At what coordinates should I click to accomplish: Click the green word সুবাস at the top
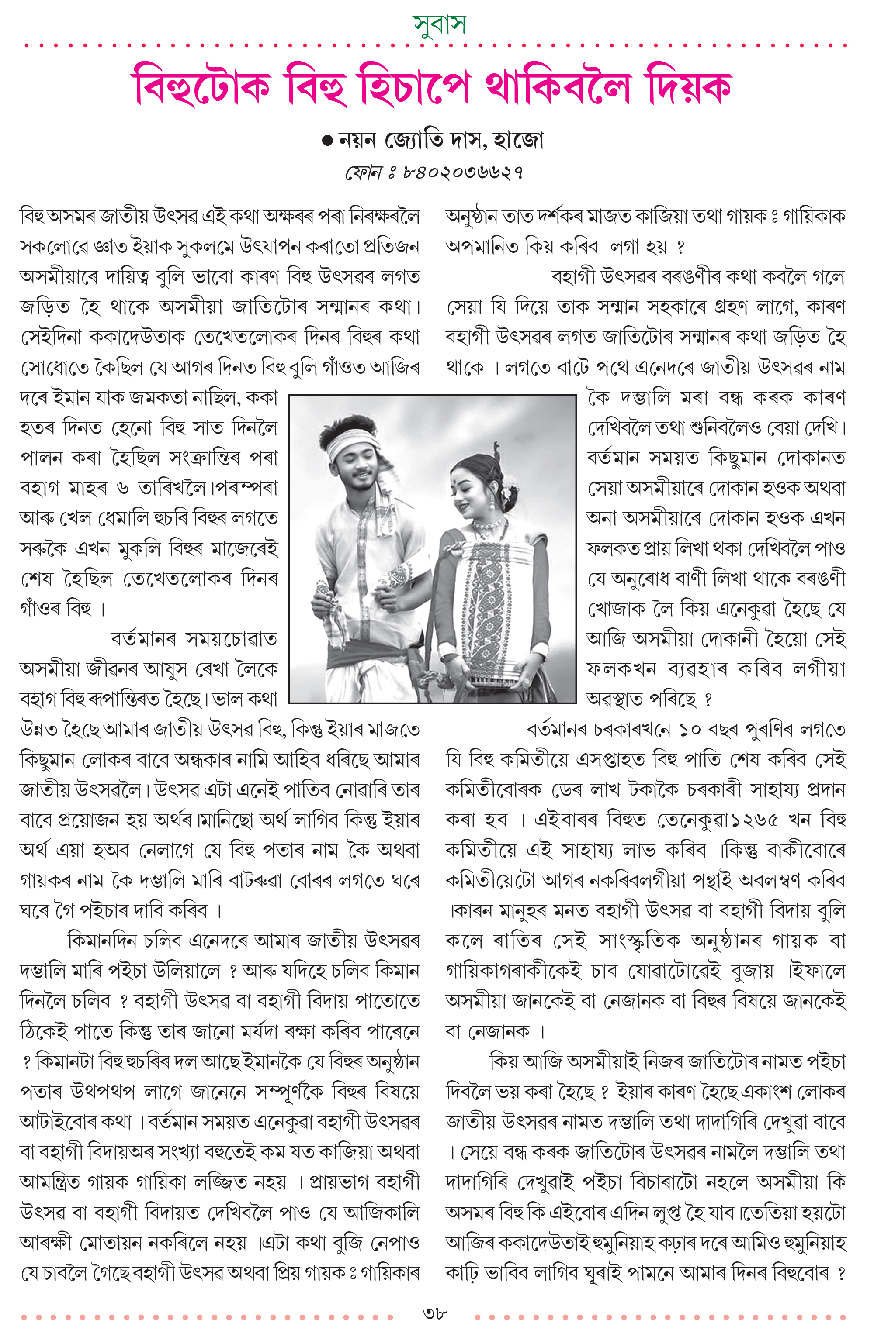(x=439, y=24)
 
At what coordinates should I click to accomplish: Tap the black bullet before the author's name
(x=328, y=141)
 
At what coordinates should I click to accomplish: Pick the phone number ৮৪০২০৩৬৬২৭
(x=464, y=173)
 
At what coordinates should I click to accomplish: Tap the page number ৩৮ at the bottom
(x=435, y=1313)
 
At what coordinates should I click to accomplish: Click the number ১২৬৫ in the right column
(x=754, y=820)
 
